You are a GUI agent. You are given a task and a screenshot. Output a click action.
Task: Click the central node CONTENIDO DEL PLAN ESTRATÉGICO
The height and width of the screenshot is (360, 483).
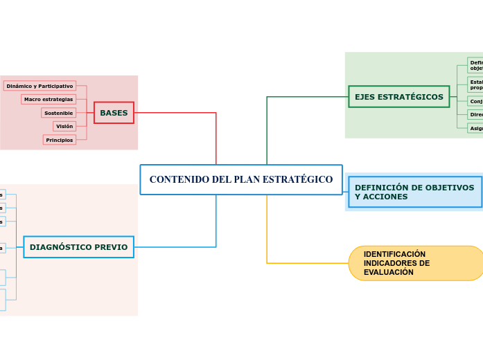point(240,179)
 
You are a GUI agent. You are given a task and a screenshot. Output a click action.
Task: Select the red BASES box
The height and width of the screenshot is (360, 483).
point(114,113)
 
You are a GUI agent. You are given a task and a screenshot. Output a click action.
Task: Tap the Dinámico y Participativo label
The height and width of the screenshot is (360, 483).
point(39,86)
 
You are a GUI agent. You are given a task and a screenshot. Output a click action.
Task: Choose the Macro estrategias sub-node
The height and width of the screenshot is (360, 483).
point(49,99)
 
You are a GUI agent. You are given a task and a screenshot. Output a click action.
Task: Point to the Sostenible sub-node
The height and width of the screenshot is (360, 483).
point(58,113)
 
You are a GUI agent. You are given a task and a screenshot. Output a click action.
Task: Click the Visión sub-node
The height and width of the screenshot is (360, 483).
point(64,126)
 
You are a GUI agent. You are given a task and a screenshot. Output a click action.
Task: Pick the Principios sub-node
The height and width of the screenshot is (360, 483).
point(60,140)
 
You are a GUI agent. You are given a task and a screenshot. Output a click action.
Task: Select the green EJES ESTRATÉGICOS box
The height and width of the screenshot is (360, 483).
point(398,97)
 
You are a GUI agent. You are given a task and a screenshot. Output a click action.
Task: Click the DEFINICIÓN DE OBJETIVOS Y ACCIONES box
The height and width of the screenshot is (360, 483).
point(414,192)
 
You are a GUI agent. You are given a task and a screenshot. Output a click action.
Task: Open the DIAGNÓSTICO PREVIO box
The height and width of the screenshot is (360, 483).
point(78,247)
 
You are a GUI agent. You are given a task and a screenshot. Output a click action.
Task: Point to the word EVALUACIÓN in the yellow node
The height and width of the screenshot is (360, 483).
point(389,272)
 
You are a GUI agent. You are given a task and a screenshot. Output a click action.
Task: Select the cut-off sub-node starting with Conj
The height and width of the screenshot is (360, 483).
point(475,101)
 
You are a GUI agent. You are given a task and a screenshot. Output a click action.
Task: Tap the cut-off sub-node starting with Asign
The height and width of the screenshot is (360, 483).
point(475,128)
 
